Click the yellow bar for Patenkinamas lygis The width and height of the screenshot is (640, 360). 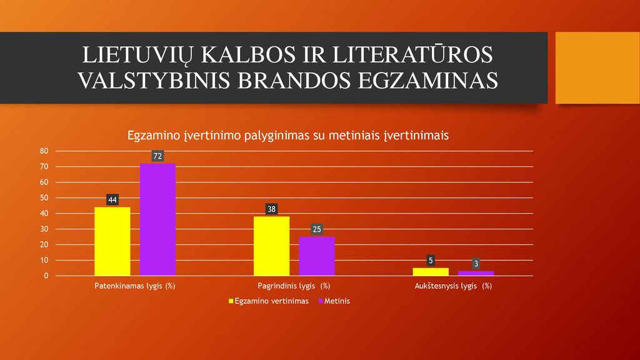112,241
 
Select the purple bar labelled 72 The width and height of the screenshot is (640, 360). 157,219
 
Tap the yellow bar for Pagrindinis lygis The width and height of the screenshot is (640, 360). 271,246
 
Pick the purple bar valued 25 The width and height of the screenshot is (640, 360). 317,256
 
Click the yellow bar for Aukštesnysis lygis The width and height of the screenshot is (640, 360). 431,272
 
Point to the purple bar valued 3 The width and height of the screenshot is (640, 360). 476,274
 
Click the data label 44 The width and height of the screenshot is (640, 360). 112,199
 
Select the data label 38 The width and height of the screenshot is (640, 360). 271,209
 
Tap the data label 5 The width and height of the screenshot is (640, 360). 431,261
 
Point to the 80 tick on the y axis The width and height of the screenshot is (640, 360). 44,151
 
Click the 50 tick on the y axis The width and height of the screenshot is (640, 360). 44,198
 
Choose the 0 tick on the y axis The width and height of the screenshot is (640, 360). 46,276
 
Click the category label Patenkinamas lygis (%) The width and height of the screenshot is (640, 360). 135,286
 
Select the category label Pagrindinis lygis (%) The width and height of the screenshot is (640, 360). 294,286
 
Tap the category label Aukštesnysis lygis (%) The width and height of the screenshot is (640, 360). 453,286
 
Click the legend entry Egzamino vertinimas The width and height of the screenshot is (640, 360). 269,301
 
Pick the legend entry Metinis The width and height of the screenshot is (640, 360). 334,301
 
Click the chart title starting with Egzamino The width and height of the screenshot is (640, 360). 287,136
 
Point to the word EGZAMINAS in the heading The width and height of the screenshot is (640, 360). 427,80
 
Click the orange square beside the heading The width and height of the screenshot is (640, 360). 597,67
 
